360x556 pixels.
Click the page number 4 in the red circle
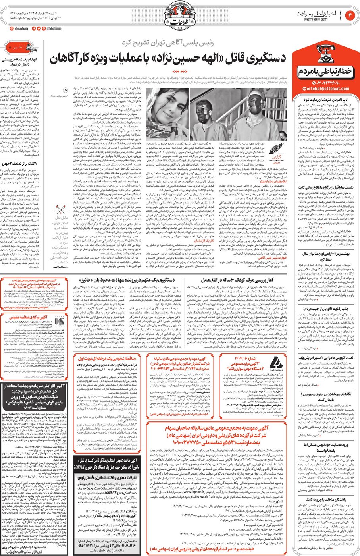tap(351, 15)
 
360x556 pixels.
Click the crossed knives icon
tap(61, 208)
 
